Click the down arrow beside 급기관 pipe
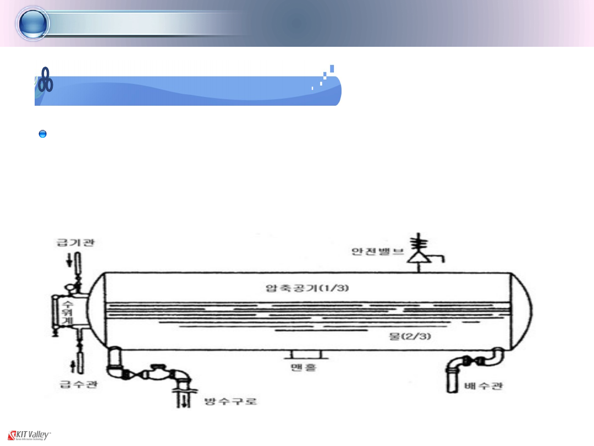[69, 260]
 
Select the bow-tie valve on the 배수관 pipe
[472, 361]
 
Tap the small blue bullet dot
[42, 134]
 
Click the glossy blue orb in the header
[33, 24]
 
